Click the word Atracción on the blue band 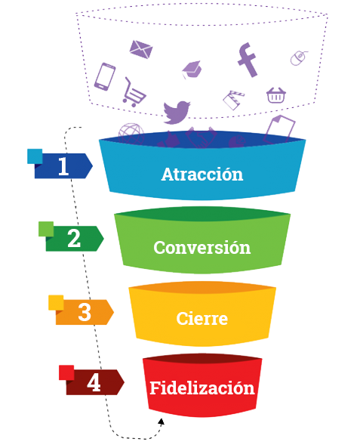[202, 174]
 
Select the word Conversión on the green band [202, 247]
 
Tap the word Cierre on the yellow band [202, 318]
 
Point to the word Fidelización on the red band [202, 388]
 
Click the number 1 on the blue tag [63, 166]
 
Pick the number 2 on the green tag [74, 239]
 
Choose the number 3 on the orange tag [85, 312]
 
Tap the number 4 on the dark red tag [94, 382]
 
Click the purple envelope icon [141, 49]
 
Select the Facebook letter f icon [248, 60]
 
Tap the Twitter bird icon [177, 112]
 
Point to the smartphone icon [105, 76]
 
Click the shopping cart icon [134, 92]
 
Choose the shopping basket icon [276, 95]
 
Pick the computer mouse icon [299, 58]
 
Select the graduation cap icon [192, 70]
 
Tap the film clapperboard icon [233, 100]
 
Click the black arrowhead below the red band [162, 422]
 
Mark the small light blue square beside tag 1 [35, 156]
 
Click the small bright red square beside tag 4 [66, 372]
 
